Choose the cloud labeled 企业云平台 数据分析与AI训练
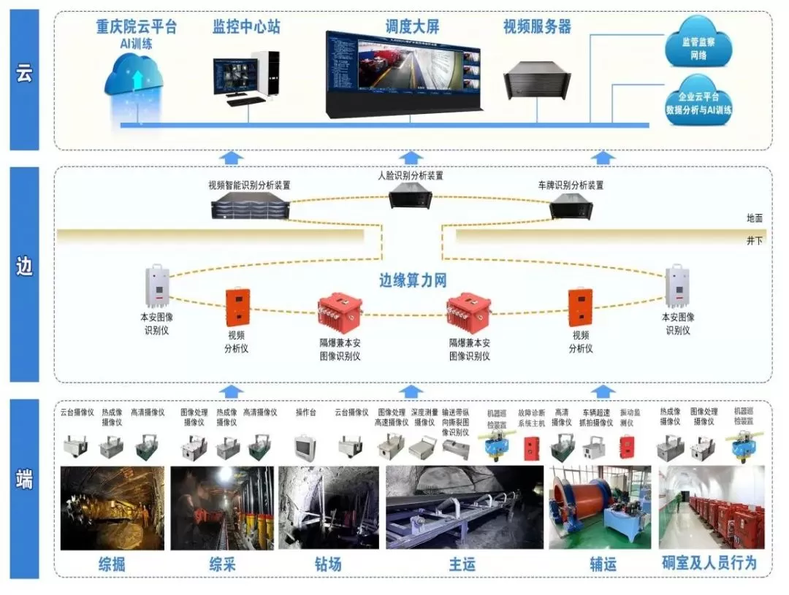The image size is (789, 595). pyautogui.click(x=698, y=104)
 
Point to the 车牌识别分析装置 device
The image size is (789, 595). pyautogui.click(x=571, y=207)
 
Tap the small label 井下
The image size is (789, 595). pyautogui.click(x=754, y=240)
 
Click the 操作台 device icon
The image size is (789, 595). pyautogui.click(x=305, y=446)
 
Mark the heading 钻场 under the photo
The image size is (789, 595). pyautogui.click(x=328, y=564)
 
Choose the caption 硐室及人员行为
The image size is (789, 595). pyautogui.click(x=709, y=563)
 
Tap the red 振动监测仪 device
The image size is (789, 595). pyautogui.click(x=627, y=446)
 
